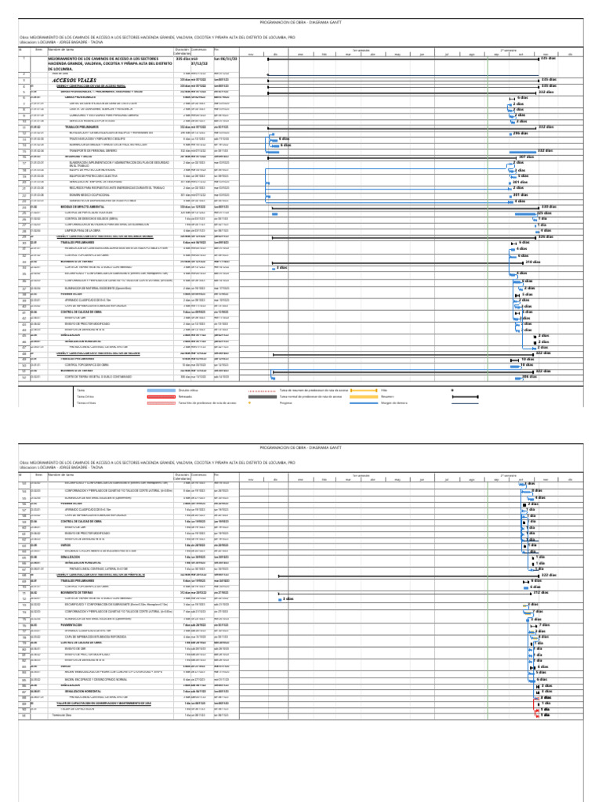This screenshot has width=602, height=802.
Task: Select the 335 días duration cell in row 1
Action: tap(185, 59)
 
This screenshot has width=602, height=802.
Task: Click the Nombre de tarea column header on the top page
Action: tap(62, 49)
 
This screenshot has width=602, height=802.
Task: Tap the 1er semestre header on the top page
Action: tap(361, 49)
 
